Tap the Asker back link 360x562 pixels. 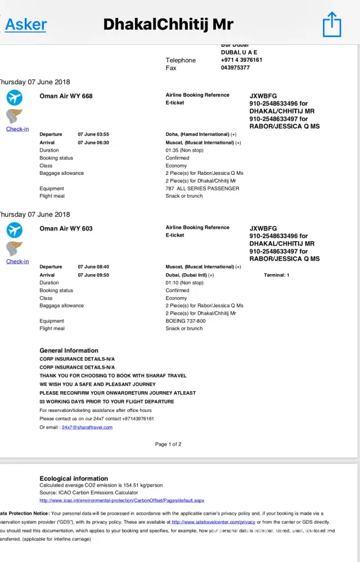point(26,24)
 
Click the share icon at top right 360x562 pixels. point(332,24)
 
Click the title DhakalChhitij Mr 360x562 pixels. point(168,24)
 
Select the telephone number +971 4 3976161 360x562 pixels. point(241,60)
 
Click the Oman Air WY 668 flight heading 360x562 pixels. point(66,96)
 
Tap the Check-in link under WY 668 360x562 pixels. point(17,129)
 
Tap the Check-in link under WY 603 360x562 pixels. point(17,261)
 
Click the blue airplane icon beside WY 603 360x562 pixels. point(14,230)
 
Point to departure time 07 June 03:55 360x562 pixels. point(93,134)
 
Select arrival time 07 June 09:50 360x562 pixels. point(93,275)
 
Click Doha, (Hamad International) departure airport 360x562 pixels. point(197,134)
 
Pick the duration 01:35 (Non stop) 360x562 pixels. point(184,151)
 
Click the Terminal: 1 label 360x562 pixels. point(276,275)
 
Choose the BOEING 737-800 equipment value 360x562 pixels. point(186,321)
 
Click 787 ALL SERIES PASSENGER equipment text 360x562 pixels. point(202,188)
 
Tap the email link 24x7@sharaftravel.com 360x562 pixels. point(87,427)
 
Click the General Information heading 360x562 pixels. point(69,350)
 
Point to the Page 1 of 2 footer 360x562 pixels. point(168,444)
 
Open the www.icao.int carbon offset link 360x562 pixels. point(121,500)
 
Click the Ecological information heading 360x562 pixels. point(74,478)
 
